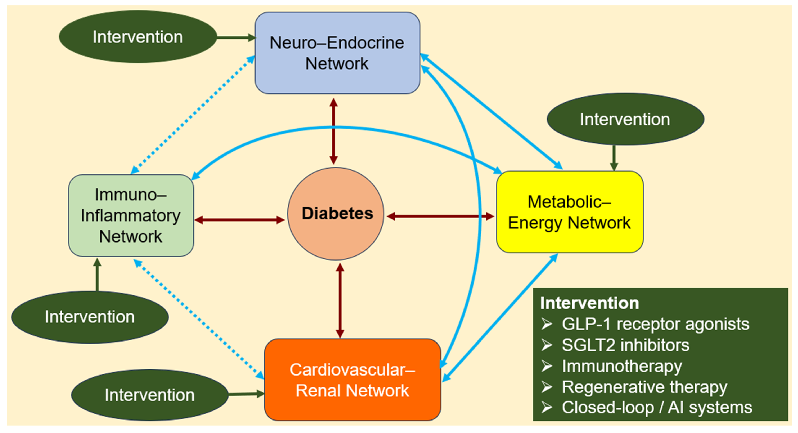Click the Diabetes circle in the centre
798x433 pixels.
[336, 214]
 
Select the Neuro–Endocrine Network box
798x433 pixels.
[337, 53]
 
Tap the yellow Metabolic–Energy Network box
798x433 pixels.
[570, 212]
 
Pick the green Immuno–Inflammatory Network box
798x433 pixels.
[131, 215]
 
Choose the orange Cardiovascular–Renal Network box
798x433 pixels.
[353, 380]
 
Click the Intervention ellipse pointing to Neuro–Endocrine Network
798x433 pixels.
[138, 37]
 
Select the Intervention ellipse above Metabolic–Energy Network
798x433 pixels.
[625, 119]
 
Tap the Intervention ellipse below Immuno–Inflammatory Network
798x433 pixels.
[90, 317]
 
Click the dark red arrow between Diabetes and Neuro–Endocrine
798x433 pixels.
[333, 131]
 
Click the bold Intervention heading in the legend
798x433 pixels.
[590, 303]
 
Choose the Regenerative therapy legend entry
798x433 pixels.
[644, 387]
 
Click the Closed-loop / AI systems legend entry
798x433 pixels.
[657, 407]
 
